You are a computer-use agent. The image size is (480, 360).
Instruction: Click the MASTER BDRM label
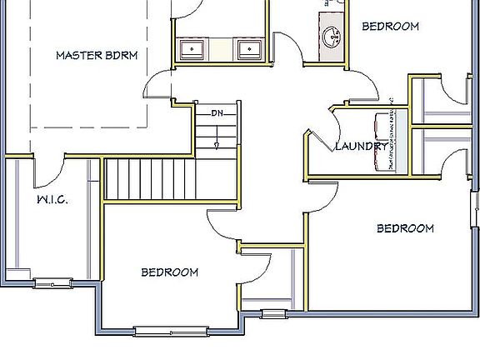click(x=97, y=56)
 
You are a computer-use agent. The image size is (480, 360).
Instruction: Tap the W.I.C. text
click(x=52, y=200)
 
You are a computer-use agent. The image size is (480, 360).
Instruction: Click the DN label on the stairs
click(x=217, y=113)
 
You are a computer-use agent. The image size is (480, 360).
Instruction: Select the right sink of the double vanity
click(x=248, y=49)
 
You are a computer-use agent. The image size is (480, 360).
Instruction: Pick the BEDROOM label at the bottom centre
click(x=169, y=272)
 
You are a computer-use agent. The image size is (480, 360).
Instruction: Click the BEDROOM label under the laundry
click(x=406, y=228)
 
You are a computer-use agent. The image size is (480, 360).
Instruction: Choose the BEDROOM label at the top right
click(x=390, y=27)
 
